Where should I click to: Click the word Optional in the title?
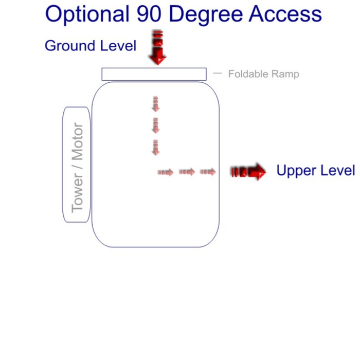pos(87,14)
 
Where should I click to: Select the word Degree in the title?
pos(207,14)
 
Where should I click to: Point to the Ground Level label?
pos(91,46)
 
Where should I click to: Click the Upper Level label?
pos(315,171)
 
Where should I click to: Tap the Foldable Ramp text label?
pos(263,74)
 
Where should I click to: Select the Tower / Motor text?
pos(77,167)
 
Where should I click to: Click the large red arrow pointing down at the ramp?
pos(158,48)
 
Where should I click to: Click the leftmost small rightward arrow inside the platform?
pos(166,172)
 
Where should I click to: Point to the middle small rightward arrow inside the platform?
pos(187,172)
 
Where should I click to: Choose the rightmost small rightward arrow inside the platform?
pos(208,172)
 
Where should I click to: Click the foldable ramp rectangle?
pos(154,74)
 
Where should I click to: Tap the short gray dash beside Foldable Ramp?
pos(218,74)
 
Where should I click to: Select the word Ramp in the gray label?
pos(286,75)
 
